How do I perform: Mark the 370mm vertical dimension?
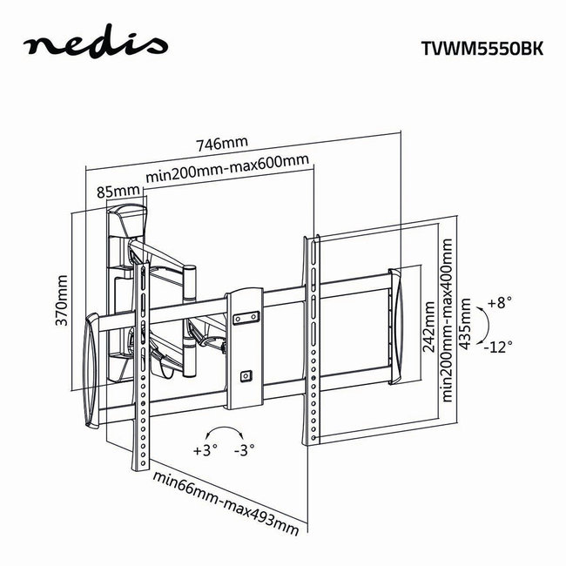click(x=62, y=300)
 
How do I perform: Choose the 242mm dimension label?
click(x=428, y=327)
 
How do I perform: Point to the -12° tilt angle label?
click(x=500, y=346)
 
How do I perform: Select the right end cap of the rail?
click(x=397, y=326)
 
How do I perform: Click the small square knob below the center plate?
click(x=245, y=376)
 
